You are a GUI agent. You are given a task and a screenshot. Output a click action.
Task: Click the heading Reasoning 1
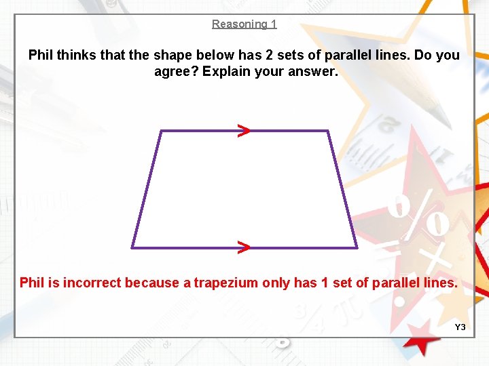click(x=244, y=24)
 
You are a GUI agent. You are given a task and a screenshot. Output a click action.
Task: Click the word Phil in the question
click(x=41, y=55)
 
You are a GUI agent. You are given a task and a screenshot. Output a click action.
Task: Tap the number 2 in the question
click(x=277, y=55)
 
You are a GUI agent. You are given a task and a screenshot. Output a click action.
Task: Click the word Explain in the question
click(x=228, y=71)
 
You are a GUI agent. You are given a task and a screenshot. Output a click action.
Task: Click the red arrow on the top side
click(x=243, y=130)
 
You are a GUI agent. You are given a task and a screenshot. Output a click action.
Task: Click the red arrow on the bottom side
click(x=243, y=247)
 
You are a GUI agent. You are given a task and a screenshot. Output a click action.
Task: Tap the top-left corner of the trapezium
click(x=160, y=131)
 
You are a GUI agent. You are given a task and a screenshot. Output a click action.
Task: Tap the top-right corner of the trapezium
click(x=329, y=131)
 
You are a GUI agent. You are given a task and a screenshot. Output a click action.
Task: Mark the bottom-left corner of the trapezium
click(x=132, y=247)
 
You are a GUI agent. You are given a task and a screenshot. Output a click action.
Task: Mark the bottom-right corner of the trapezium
click(x=357, y=247)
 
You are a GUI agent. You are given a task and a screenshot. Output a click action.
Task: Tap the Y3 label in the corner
click(x=460, y=327)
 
